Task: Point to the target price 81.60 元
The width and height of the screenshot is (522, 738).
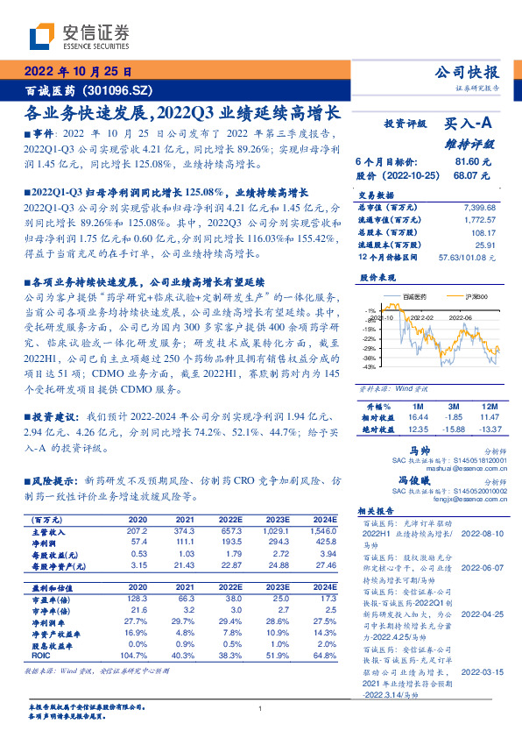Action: pos(474,162)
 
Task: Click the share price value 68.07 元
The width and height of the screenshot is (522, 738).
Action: pos(474,175)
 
